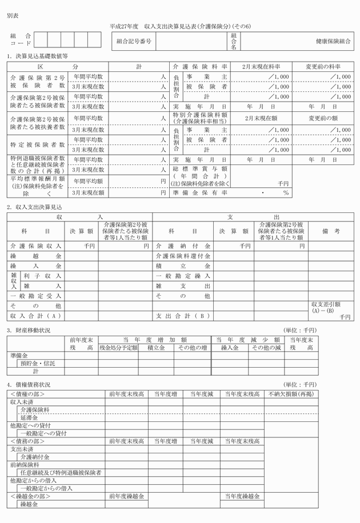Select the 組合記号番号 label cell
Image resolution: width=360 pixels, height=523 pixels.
tap(134, 41)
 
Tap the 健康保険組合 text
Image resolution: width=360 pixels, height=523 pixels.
tap(334, 41)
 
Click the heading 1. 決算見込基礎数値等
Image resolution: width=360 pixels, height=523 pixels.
tap(38, 57)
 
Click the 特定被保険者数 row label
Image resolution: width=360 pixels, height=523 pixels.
tap(38, 144)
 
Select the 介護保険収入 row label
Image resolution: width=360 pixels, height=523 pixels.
tap(36, 246)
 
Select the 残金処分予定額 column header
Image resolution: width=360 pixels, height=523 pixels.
tap(118, 347)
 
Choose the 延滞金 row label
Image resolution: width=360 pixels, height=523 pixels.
tap(29, 418)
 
